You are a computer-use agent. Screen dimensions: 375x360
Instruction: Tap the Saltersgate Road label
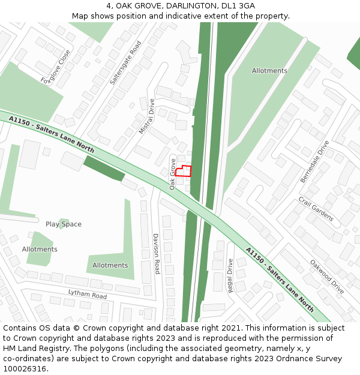click(125, 62)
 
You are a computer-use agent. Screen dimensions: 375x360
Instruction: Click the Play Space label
click(64, 224)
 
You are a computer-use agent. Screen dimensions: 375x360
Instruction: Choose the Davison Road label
click(155, 254)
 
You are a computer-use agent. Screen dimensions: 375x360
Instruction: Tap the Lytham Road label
click(87, 294)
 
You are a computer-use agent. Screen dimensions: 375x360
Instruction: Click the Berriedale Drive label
click(315, 162)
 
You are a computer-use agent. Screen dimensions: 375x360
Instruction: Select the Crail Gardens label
click(316, 209)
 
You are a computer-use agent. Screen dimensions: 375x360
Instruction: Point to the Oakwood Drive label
click(327, 276)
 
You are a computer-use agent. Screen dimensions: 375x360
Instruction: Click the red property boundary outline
click(184, 171)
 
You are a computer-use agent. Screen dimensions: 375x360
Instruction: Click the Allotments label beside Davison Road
click(110, 265)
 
